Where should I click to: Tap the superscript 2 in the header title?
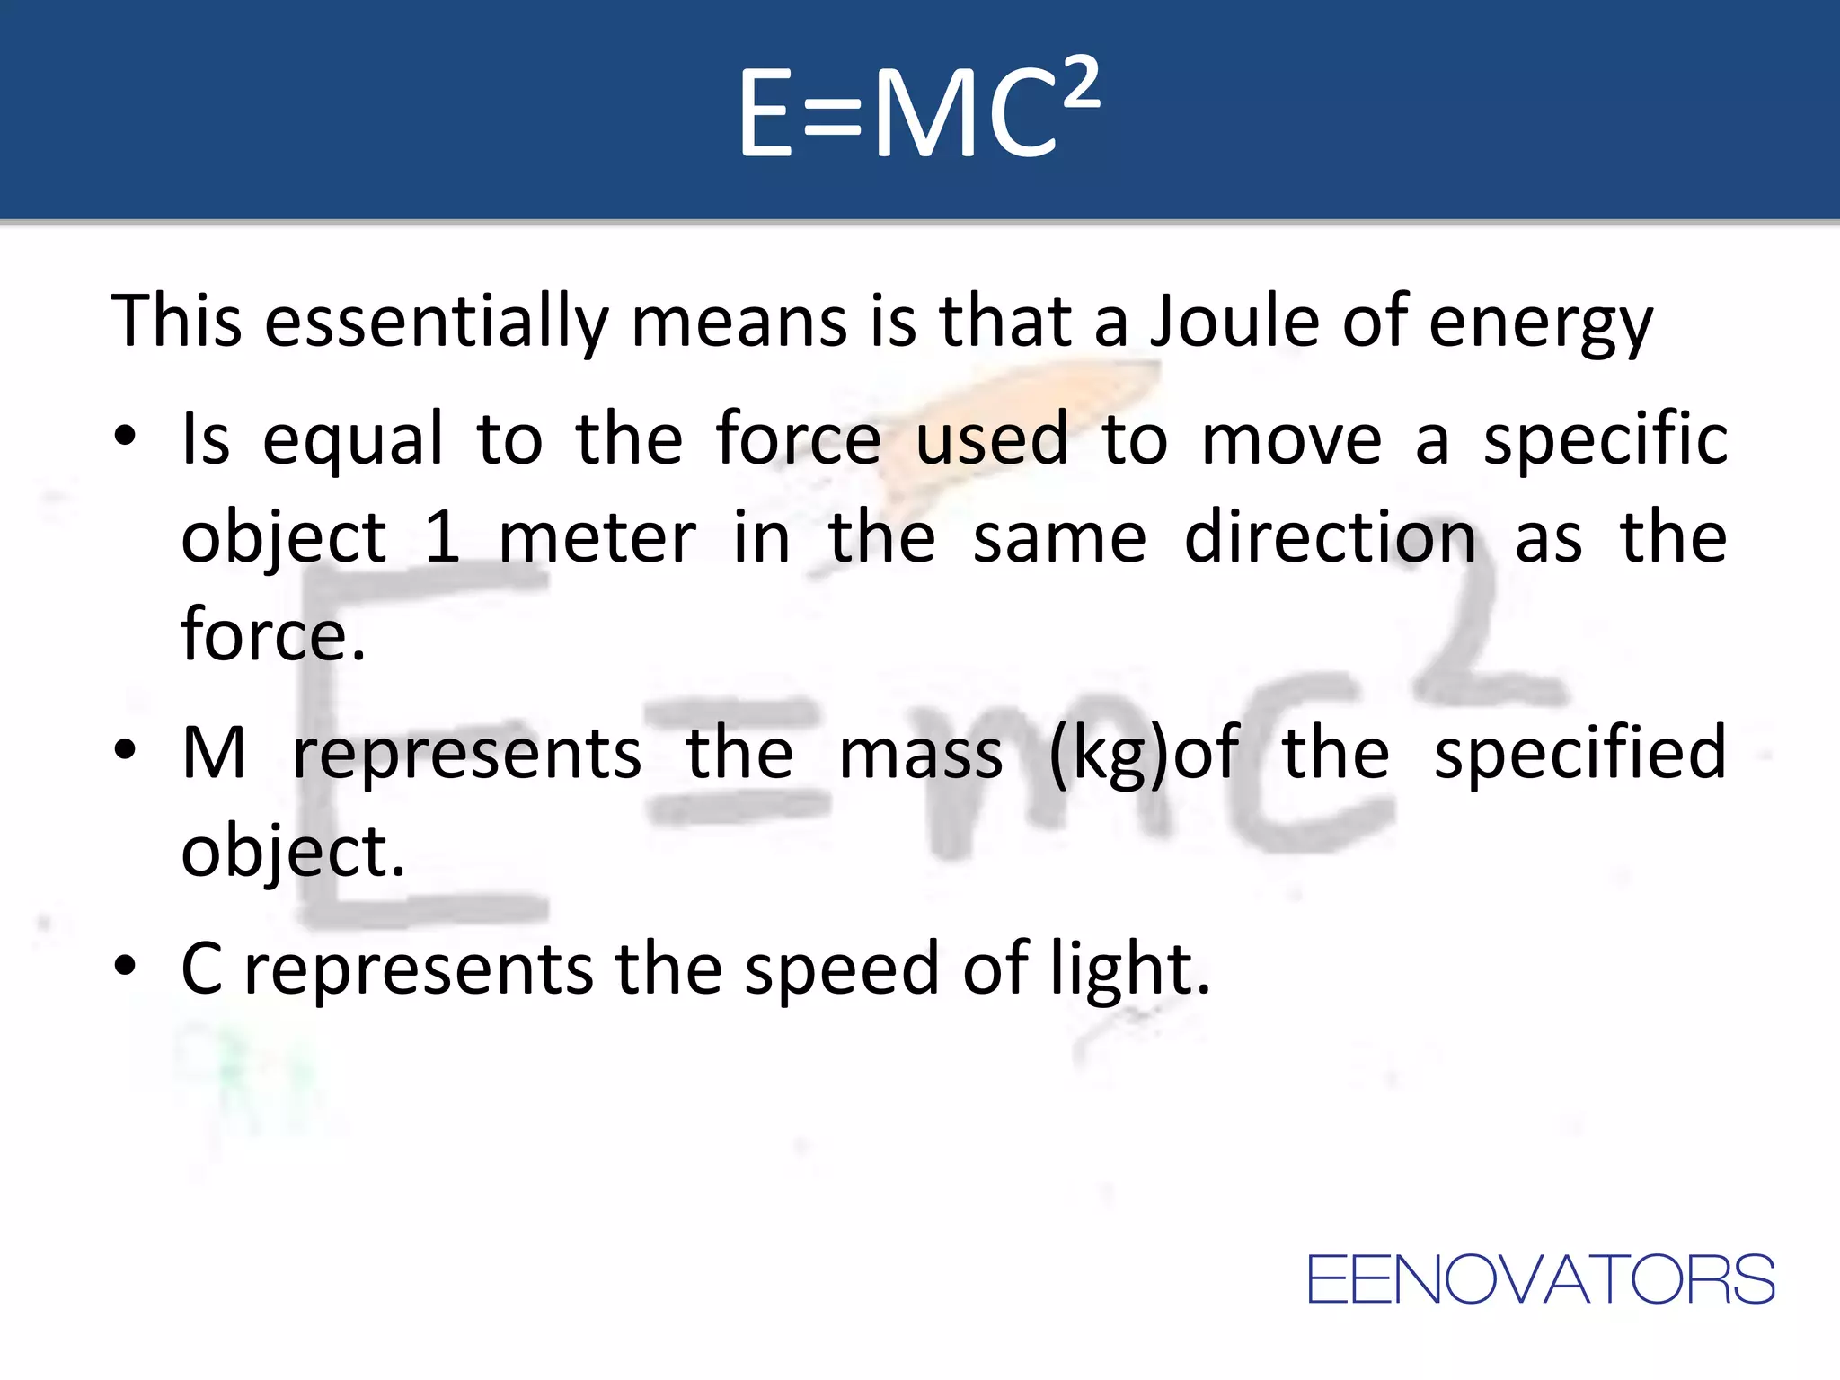point(1079,83)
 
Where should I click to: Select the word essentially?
point(437,321)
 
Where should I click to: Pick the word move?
point(1291,439)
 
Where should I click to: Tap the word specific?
point(1605,439)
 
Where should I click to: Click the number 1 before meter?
point(442,537)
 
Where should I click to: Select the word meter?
point(597,537)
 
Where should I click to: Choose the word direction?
point(1330,537)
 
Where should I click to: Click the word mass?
point(920,753)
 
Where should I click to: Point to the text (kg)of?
point(1144,753)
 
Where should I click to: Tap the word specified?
point(1579,753)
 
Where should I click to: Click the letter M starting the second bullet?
point(214,753)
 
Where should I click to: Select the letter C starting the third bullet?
point(202,969)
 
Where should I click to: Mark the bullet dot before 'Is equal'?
point(125,438)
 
